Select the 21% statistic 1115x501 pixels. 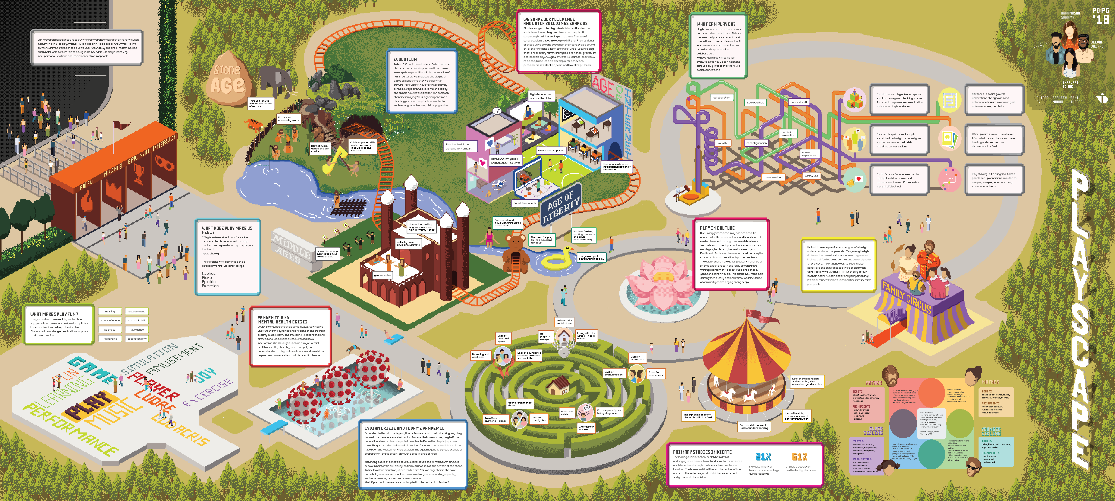[763, 457]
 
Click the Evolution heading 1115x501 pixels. [405, 59]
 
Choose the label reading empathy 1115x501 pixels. [723, 143]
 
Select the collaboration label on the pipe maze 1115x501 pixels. [722, 97]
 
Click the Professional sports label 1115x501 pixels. [551, 150]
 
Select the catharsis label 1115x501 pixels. [811, 176]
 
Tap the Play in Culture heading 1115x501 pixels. [717, 228]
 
